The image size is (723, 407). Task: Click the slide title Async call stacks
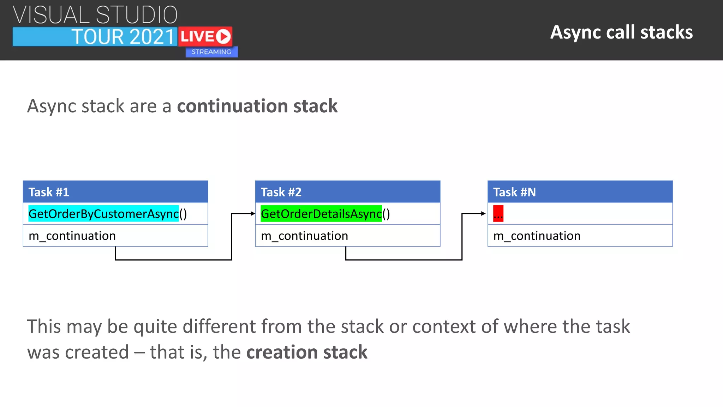coord(621,33)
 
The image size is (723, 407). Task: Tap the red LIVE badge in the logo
coord(205,36)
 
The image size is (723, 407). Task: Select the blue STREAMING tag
coord(211,52)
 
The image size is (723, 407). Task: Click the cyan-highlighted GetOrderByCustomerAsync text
coord(103,214)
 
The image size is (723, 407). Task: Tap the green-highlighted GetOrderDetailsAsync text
coord(321,214)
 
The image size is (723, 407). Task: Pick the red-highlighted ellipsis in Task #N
coord(498,214)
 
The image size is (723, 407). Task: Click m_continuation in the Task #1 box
coord(72,236)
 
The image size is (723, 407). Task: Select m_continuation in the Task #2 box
coord(304,236)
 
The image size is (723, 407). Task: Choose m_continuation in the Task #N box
coord(537,236)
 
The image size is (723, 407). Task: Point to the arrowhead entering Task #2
coord(253,213)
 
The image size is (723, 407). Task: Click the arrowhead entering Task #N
coord(484,213)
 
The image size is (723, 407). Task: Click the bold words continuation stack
coord(257,106)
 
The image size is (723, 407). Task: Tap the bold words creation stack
coord(307,352)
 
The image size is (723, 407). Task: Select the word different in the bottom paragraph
coord(219,326)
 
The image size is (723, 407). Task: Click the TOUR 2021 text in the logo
coord(123,37)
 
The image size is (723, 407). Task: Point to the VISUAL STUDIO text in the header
coord(95,15)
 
